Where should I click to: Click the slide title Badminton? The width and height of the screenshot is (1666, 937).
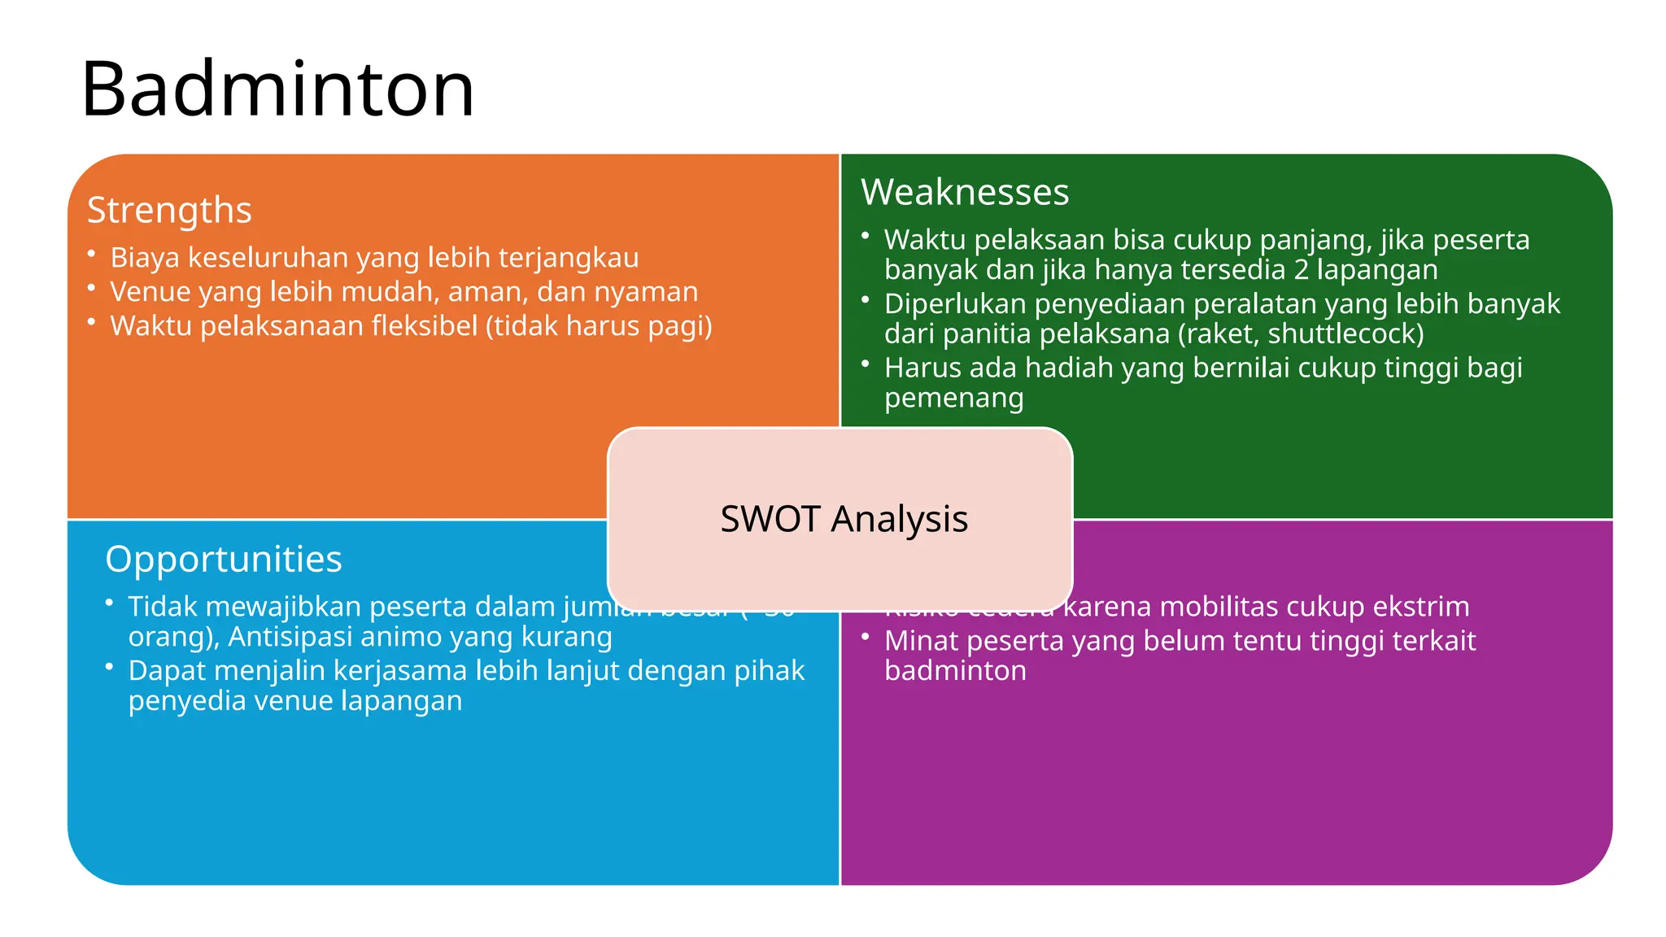coord(277,89)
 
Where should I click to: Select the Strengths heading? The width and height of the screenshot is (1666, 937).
coord(169,210)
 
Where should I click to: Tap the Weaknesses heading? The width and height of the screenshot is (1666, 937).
coord(965,193)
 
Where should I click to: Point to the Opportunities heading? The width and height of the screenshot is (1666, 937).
coord(224,560)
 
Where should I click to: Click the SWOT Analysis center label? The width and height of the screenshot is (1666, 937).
coord(844,519)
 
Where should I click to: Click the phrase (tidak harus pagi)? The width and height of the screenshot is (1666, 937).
coord(599,326)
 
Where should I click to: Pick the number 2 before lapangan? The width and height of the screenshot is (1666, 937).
coord(1301,270)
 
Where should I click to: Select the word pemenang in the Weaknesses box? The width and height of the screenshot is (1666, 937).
coord(953,399)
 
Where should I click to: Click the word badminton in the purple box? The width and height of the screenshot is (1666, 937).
coord(955,671)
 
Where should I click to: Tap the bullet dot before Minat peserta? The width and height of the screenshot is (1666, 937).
coord(866,636)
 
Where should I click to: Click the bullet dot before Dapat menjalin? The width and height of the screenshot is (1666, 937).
coord(109,666)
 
